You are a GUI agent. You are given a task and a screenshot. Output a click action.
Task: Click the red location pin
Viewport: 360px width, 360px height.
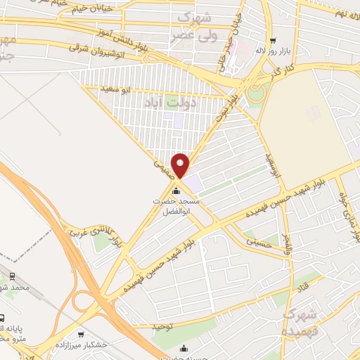pos(181,166)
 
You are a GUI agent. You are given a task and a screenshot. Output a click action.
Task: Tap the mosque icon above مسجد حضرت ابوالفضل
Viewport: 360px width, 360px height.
pos(176,190)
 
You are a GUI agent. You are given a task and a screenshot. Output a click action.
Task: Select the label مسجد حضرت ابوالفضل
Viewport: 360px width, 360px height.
pos(177,206)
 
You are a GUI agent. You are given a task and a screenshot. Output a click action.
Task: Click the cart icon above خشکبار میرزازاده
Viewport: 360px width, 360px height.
pos(83,334)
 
